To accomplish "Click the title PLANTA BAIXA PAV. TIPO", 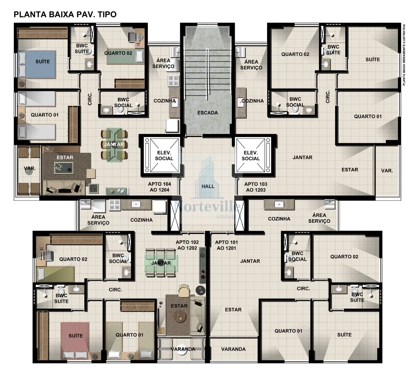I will pyautogui.click(x=65, y=15).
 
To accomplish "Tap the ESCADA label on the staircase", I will pyautogui.click(x=208, y=113).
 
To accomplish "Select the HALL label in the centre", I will pyautogui.click(x=208, y=186).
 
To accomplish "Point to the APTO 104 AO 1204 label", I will pyautogui.click(x=159, y=186).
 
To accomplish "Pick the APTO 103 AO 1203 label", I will pyautogui.click(x=256, y=186).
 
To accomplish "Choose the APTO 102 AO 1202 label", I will pyautogui.click(x=187, y=245).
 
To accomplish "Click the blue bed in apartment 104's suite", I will pyautogui.click(x=36, y=64).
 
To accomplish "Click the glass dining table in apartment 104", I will pyautogui.click(x=114, y=144).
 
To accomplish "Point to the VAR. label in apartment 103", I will pyautogui.click(x=387, y=171).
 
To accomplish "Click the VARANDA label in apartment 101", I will pyautogui.click(x=233, y=349).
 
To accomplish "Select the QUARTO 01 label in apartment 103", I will pyautogui.click(x=368, y=116).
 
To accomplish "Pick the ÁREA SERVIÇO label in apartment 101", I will pyautogui.click(x=319, y=218).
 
